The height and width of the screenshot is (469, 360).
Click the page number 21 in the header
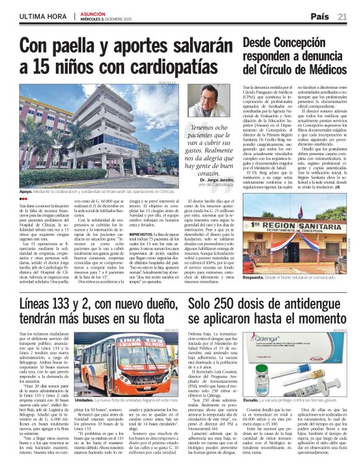tap(342, 17)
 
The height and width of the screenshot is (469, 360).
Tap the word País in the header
tap(320, 17)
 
